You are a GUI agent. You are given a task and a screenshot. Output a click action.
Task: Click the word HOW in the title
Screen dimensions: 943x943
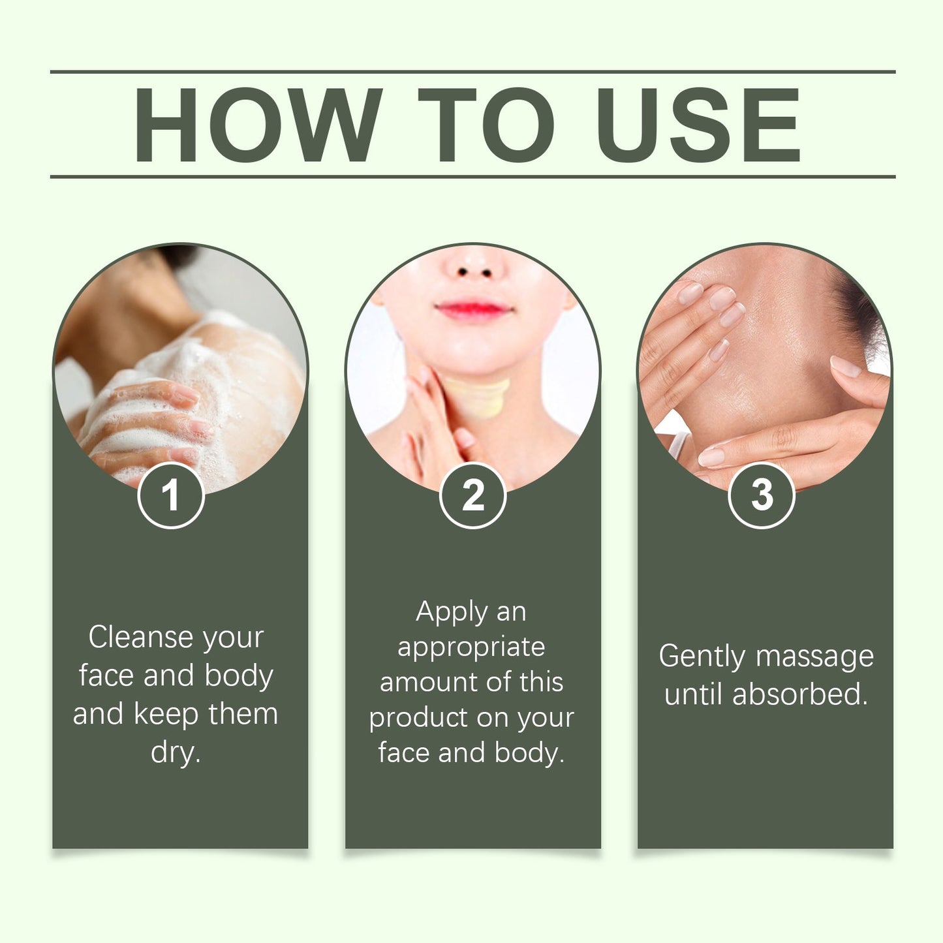point(257,125)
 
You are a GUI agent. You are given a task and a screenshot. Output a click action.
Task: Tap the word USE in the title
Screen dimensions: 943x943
point(698,125)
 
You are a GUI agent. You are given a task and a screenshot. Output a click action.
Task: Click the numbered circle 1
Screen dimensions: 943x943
point(171,495)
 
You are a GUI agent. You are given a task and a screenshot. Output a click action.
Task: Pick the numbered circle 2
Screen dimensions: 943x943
point(472,495)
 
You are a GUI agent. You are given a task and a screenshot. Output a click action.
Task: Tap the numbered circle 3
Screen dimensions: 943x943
point(762,495)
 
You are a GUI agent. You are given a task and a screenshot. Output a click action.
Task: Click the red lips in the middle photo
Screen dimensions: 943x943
point(473,310)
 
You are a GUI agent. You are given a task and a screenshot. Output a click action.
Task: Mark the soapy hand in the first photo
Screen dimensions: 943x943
point(147,425)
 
